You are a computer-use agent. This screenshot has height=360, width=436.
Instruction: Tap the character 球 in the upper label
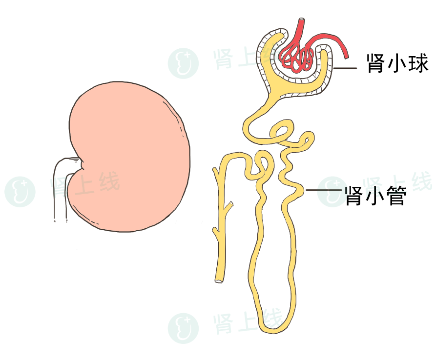tap(418, 63)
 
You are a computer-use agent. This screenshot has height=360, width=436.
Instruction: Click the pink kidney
tap(129, 156)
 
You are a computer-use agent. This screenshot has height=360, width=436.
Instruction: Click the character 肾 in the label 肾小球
tap(376, 63)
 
